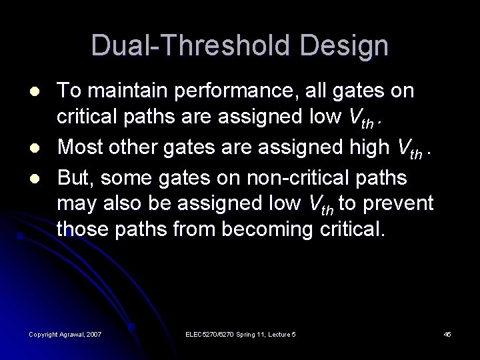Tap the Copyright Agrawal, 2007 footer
pyautogui.click(x=65, y=333)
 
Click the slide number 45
pyautogui.click(x=448, y=333)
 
